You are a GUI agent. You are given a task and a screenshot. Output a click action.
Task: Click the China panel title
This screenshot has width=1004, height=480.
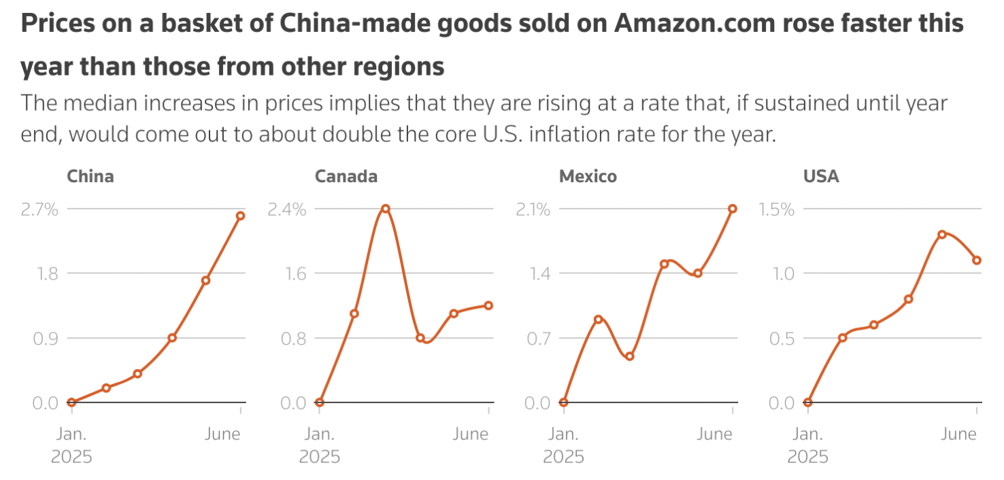tap(90, 177)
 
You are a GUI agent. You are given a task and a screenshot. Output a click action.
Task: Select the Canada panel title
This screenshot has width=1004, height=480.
tap(346, 177)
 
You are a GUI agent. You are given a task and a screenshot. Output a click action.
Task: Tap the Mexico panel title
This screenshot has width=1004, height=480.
tap(588, 177)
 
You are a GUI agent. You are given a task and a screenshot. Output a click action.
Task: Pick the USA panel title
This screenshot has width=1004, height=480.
tap(821, 177)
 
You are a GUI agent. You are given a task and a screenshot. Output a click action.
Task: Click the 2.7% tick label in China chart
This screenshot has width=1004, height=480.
tap(40, 209)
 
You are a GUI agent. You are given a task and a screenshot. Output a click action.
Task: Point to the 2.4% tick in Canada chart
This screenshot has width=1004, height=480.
tap(286, 209)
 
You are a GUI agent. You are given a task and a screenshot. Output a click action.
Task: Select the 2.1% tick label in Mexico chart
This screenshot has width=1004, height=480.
tap(533, 209)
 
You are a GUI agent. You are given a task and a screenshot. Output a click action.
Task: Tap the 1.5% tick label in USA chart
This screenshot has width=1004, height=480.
tap(777, 209)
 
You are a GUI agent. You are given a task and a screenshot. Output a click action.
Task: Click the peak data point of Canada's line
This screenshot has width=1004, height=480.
tap(386, 208)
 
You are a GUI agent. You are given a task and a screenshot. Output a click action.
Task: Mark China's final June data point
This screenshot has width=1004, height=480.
tap(240, 216)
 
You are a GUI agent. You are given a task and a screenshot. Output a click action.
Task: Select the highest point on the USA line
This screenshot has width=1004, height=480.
tap(942, 234)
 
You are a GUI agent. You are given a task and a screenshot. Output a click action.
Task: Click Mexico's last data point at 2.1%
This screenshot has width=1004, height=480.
tap(732, 209)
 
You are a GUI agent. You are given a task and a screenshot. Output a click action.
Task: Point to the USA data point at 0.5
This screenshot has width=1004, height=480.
tap(842, 337)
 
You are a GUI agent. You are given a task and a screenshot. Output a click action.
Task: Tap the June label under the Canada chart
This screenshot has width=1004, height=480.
tap(471, 434)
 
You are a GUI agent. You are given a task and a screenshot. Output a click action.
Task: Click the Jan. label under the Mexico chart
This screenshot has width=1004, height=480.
tap(564, 434)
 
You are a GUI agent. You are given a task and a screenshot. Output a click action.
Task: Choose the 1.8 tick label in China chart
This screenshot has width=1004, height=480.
tap(46, 273)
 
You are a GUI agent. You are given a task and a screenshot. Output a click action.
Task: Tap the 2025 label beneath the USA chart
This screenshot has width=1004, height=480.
tap(808, 456)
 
